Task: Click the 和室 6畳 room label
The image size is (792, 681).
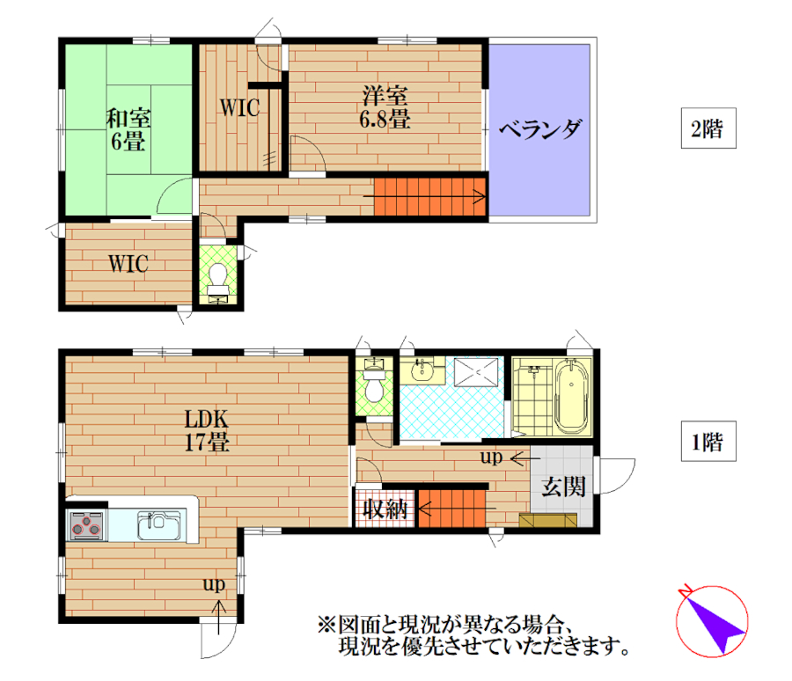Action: pos(128,129)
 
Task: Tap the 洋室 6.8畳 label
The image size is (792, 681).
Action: pos(385,107)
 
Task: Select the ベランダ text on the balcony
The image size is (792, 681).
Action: pos(540,129)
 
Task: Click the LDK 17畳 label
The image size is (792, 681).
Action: pos(207,430)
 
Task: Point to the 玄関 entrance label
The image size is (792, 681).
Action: pos(563,487)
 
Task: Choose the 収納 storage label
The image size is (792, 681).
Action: pos(385,509)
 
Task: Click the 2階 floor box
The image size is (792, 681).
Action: pos(708,128)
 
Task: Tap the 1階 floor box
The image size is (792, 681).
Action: pos(708,441)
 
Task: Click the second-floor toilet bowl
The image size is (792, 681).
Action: pos(218,276)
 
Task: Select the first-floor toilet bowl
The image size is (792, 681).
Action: pos(374,387)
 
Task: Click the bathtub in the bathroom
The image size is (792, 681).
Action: pos(572,397)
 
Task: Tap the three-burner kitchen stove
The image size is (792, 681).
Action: pos(86,525)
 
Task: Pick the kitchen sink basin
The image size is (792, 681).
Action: pos(158,525)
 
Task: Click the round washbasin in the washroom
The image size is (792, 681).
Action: pos(422,371)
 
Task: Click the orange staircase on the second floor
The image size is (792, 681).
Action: pos(429,196)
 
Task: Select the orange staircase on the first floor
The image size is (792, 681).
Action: pos(451,509)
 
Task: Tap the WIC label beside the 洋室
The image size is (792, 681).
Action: pos(239,107)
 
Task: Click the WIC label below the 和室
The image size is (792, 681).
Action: pos(128,264)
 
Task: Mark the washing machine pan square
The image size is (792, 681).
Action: pos(476,372)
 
